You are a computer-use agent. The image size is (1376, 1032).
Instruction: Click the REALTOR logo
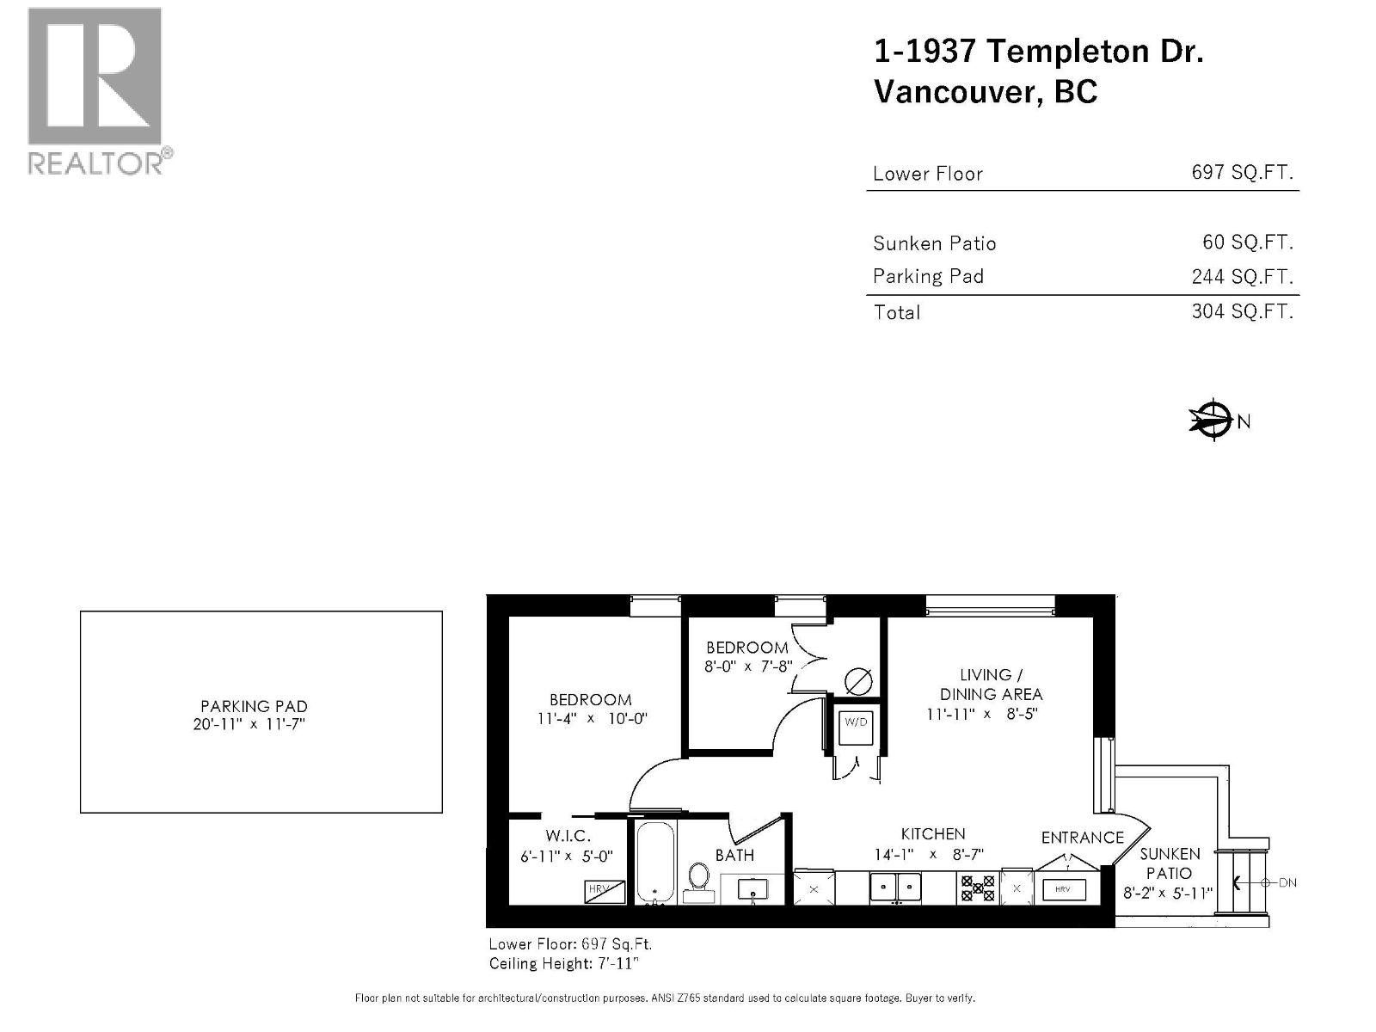tap(95, 90)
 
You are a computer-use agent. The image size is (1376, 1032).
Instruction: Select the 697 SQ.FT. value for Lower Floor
tap(1242, 172)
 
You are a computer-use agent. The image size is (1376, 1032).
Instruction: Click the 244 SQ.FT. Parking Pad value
tap(1242, 276)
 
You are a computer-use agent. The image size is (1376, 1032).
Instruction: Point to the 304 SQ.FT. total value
tap(1242, 311)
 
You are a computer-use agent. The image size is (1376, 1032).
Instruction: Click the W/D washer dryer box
tap(856, 722)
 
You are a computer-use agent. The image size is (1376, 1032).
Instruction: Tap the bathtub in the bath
tap(656, 863)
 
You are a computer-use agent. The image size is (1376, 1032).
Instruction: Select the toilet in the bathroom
tap(698, 879)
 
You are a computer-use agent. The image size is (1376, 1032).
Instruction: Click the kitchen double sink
tap(895, 886)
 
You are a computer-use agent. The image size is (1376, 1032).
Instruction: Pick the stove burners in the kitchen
tap(977, 888)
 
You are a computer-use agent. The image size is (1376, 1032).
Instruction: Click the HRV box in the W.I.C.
tap(605, 891)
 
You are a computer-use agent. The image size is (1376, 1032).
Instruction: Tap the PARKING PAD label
tap(254, 706)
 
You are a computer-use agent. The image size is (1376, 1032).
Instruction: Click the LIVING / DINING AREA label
tap(991, 685)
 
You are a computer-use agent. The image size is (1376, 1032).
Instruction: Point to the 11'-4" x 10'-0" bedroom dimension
tap(592, 718)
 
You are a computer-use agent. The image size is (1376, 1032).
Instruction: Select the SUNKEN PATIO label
tap(1170, 863)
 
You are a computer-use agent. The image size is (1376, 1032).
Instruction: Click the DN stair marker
tap(1287, 882)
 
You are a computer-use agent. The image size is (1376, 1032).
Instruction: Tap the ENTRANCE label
tap(1082, 837)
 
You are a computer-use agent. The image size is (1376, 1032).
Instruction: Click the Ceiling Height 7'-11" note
tap(563, 963)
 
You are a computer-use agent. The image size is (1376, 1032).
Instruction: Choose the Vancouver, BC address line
tap(986, 92)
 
